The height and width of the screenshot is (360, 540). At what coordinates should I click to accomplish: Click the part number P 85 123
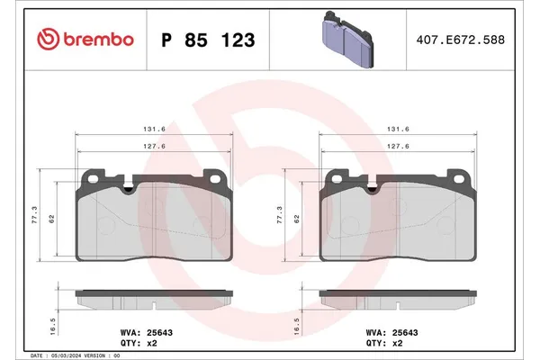(x=207, y=40)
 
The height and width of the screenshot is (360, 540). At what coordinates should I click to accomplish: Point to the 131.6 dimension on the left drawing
(x=156, y=129)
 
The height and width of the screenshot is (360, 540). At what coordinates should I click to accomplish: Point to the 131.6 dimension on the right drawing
(x=399, y=129)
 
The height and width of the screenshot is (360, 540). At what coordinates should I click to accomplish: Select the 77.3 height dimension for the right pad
(x=279, y=214)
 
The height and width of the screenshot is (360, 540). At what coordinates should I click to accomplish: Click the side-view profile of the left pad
(x=156, y=297)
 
